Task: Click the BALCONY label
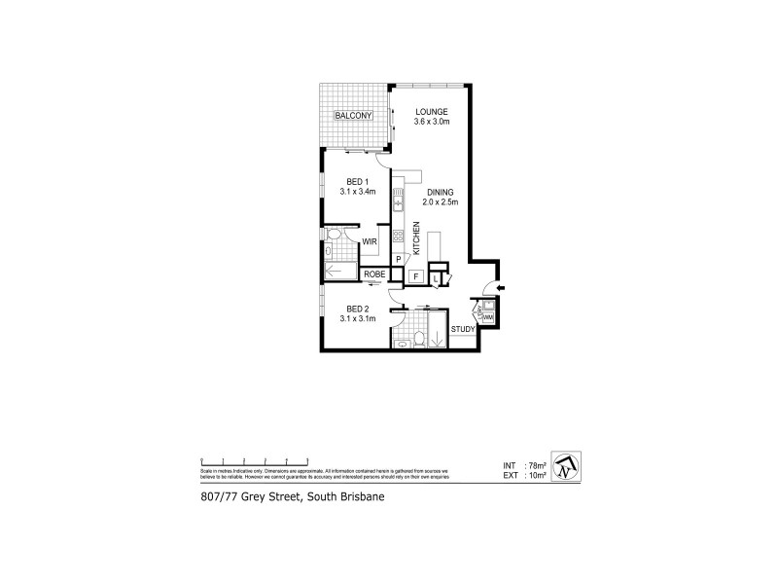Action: [354, 116]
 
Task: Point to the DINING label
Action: [441, 192]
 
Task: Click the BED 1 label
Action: [357, 182]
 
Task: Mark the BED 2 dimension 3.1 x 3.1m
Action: [357, 318]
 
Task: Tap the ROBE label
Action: [375, 275]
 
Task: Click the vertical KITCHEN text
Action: [416, 238]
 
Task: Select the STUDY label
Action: [463, 329]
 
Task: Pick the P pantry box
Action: [399, 259]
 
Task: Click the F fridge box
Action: [415, 276]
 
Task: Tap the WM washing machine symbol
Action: [488, 317]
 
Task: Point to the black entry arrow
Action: [500, 288]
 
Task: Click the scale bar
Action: [254, 460]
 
